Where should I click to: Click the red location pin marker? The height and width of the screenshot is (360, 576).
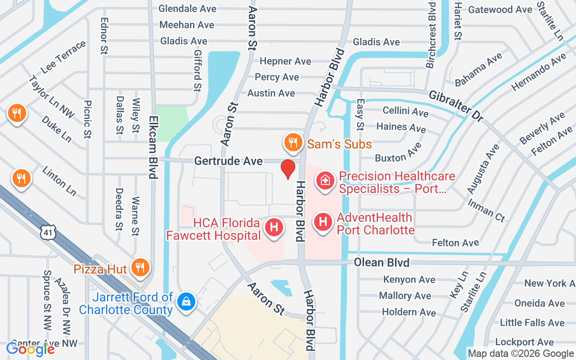click(288, 169)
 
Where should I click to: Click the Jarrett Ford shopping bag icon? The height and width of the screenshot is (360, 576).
click(185, 301)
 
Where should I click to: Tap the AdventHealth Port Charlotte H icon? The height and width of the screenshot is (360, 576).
click(323, 222)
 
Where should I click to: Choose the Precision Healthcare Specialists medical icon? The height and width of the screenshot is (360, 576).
click(325, 181)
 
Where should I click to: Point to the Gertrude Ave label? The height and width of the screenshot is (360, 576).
click(228, 161)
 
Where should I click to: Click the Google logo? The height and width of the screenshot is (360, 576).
click(30, 348)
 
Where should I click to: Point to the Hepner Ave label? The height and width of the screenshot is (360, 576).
click(285, 61)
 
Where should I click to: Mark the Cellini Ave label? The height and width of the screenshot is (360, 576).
click(405, 111)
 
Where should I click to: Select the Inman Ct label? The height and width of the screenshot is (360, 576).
click(486, 209)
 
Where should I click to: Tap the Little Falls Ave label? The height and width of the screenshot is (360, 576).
click(532, 323)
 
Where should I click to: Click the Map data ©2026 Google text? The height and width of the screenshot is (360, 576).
click(521, 354)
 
